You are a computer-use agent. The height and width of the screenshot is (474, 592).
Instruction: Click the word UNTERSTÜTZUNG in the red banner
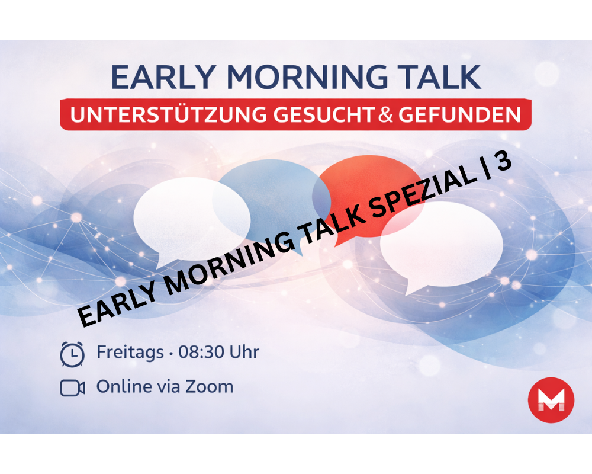pyautogui.click(x=168, y=114)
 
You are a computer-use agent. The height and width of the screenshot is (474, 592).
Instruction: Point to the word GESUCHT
pyautogui.click(x=324, y=114)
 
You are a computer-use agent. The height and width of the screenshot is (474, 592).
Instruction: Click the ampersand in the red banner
pyautogui.click(x=386, y=114)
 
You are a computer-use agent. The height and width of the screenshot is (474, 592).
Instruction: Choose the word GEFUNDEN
pyautogui.click(x=459, y=114)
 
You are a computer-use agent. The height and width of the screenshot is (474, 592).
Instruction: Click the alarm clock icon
pyautogui.click(x=72, y=354)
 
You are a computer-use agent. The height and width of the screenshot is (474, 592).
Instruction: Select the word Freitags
pyautogui.click(x=130, y=353)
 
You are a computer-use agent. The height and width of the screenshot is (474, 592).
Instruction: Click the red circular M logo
pyautogui.click(x=551, y=400)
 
